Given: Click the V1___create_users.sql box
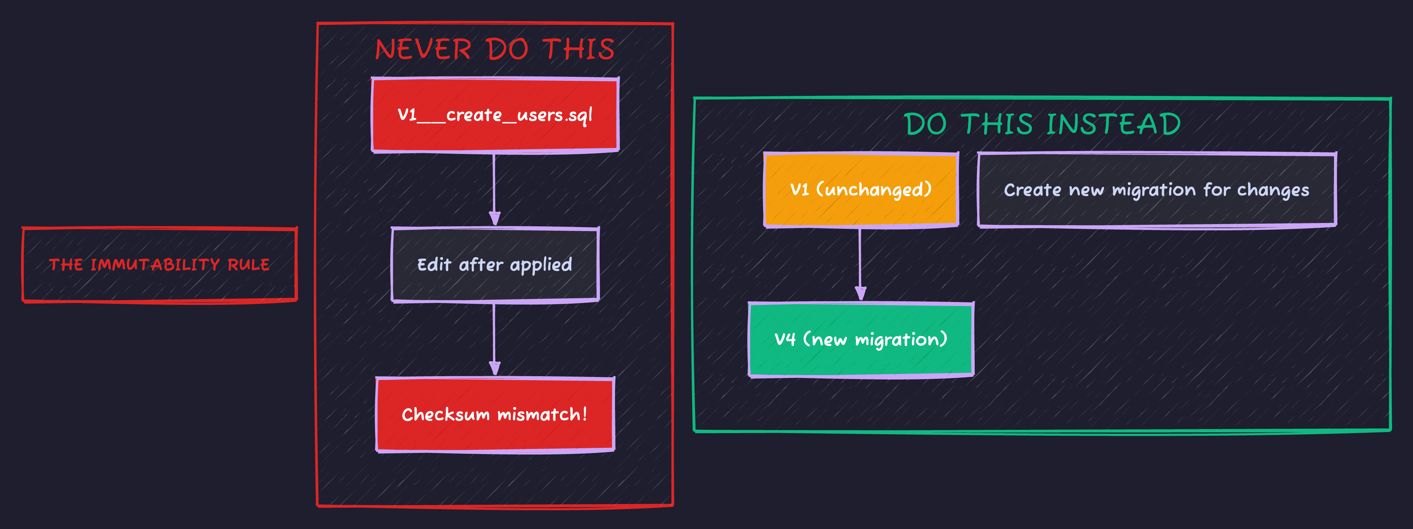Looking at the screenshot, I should pyautogui.click(x=495, y=115).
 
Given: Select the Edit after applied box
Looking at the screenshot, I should pyautogui.click(x=495, y=264).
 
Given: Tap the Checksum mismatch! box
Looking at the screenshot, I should pyautogui.click(x=495, y=414).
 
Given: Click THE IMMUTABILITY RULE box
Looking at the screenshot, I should pyautogui.click(x=159, y=264).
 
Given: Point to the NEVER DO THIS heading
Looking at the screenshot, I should pyautogui.click(x=495, y=49).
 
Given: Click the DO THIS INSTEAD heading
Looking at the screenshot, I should pyautogui.click(x=1042, y=124).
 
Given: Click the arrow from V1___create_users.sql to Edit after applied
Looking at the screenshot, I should pyautogui.click(x=494, y=189).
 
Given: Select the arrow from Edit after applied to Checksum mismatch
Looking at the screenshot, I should pyautogui.click(x=494, y=339).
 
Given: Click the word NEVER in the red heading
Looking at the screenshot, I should pyautogui.click(x=423, y=49).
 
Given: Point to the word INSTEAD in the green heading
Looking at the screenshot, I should pyautogui.click(x=1114, y=124).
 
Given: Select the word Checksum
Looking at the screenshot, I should pyautogui.click(x=445, y=414).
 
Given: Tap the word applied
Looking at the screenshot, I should pyautogui.click(x=541, y=265).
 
